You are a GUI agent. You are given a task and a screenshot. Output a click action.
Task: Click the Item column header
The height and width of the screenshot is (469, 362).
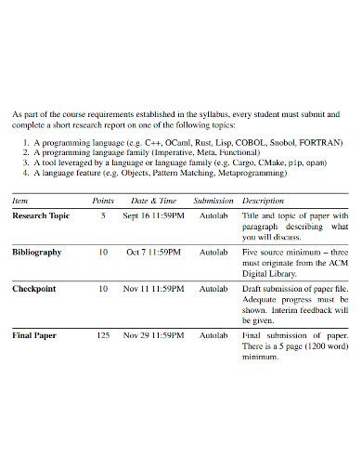[20, 201]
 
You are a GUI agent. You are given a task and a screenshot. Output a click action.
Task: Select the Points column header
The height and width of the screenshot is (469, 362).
[103, 201]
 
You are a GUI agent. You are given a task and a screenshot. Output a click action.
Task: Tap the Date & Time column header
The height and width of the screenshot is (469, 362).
[153, 201]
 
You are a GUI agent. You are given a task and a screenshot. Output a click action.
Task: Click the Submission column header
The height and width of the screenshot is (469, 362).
[213, 201]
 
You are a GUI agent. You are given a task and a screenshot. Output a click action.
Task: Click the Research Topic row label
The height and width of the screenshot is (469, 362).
[41, 215]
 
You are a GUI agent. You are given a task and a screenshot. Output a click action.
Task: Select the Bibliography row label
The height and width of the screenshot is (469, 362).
[37, 252]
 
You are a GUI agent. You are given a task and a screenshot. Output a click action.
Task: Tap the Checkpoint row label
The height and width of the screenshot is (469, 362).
[34, 289]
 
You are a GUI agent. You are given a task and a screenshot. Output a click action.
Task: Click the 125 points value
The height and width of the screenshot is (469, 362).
[103, 333]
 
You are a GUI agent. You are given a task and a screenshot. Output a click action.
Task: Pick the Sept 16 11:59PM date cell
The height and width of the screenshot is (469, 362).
[154, 215]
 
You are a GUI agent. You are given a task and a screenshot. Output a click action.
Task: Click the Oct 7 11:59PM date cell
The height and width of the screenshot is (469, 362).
[154, 252]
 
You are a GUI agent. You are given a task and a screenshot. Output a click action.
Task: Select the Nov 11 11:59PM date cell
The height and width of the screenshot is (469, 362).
[154, 289]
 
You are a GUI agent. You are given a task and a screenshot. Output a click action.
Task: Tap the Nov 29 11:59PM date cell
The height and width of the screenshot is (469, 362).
[154, 333]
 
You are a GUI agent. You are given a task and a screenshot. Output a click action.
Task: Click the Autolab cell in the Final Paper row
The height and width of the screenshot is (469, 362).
[213, 333]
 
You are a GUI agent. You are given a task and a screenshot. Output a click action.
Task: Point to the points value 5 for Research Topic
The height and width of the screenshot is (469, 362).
[103, 215]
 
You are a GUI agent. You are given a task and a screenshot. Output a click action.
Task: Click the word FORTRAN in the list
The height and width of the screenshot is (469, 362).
[320, 143]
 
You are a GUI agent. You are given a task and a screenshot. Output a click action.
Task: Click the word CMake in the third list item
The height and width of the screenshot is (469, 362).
[273, 163]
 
